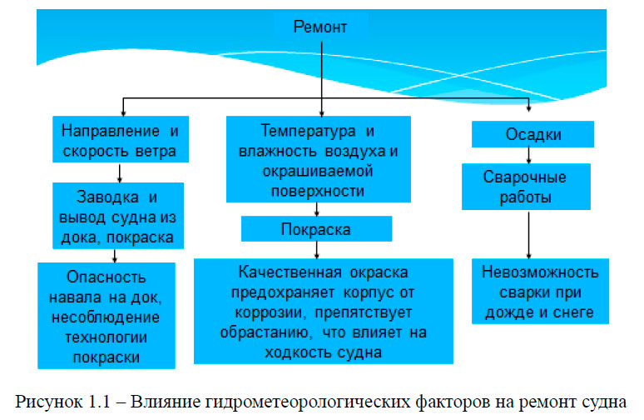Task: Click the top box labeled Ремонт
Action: click(x=320, y=27)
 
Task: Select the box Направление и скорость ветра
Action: click(x=121, y=140)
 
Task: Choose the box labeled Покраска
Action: click(x=316, y=228)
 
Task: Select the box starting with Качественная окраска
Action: click(x=323, y=311)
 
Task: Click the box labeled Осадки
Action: click(x=533, y=134)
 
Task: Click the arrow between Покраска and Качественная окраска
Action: click(x=316, y=250)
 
